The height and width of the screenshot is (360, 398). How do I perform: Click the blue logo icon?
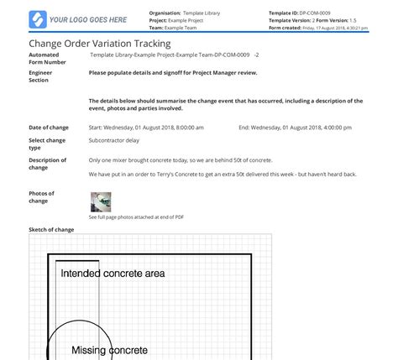coord(37,18)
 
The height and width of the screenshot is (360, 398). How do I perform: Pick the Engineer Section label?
coord(42,76)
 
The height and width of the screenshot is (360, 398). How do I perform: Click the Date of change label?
coord(48,128)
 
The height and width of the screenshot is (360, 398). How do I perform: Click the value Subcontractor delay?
coord(114,141)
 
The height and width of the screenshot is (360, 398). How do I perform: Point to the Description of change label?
coord(47,163)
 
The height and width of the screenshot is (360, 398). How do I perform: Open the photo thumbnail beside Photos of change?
coord(101,201)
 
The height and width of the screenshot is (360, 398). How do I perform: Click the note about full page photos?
coord(136,217)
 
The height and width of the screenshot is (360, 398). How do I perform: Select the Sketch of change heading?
coord(51,228)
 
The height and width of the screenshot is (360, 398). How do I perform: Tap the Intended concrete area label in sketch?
coord(113,273)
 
